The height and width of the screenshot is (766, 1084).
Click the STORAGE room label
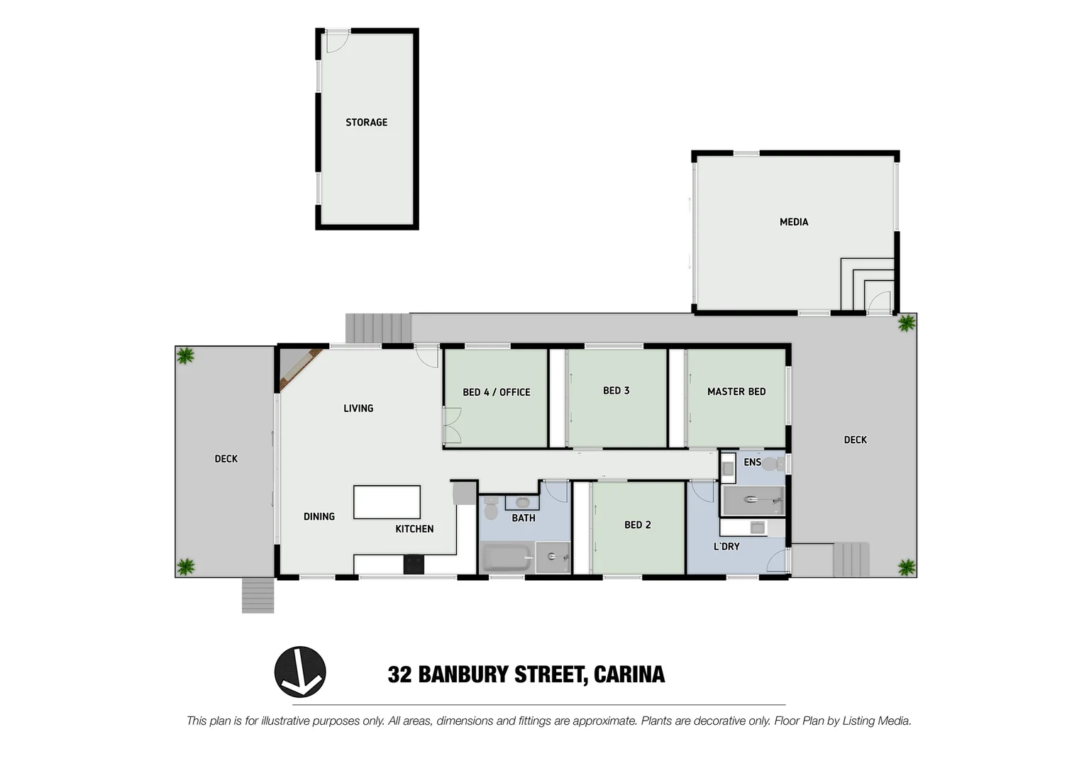[366, 123]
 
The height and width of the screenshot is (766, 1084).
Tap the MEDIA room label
[794, 222]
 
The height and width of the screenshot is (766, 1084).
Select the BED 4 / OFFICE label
[496, 392]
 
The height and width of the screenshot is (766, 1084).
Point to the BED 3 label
[616, 391]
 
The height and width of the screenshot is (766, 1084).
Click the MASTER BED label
[736, 392]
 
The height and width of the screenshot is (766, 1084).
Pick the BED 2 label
[637, 525]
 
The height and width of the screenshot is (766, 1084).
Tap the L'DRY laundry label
[726, 547]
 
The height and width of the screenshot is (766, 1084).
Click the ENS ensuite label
[752, 462]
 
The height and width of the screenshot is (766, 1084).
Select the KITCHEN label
[414, 529]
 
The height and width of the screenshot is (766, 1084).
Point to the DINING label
[319, 516]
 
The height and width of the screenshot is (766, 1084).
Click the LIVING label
[358, 409]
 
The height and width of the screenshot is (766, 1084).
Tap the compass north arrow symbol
[300, 672]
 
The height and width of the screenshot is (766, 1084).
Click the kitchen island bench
[387, 502]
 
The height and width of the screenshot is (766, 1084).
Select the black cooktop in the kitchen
[414, 564]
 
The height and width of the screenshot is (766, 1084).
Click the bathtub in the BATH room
[507, 558]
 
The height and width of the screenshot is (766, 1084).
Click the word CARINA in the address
[629, 675]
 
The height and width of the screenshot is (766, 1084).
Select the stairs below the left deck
[258, 595]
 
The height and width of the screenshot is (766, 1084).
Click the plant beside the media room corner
[906, 324]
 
